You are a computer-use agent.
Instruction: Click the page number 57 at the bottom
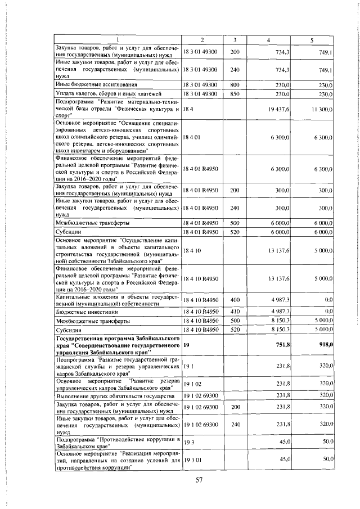coord(198,480)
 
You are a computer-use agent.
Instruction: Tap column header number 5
coord(312,40)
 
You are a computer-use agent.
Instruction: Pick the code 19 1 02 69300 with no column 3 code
coord(200,396)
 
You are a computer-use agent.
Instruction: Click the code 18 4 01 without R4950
coord(191,137)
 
